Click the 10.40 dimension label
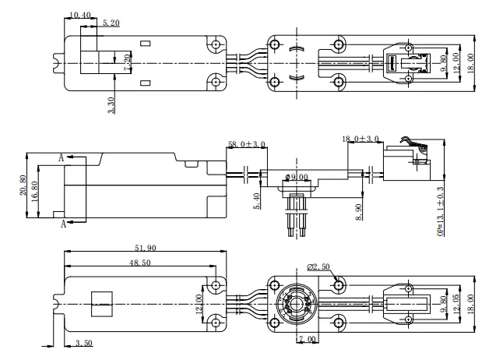pyautogui.click(x=79, y=15)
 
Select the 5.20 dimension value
pyautogui.click(x=111, y=24)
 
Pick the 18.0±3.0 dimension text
pyautogui.click(x=361, y=139)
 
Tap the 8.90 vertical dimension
pyautogui.click(x=358, y=210)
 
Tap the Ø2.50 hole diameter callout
pyautogui.click(x=319, y=266)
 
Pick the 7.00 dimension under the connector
pyautogui.click(x=308, y=340)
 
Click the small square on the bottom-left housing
pyautogui.click(x=102, y=302)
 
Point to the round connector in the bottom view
pyautogui.click(x=296, y=302)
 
